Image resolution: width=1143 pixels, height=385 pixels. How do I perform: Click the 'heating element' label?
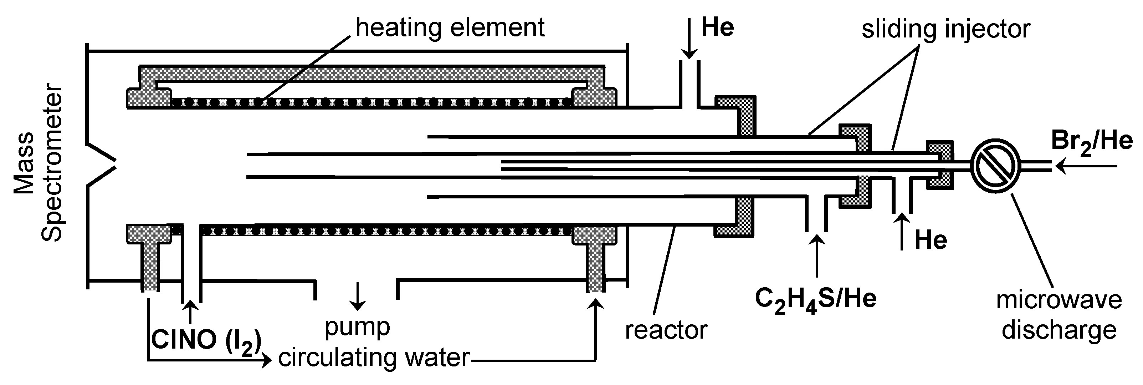(450, 27)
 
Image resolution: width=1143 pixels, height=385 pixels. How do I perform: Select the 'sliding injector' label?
(945, 29)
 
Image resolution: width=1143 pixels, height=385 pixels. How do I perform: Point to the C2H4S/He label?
(816, 300)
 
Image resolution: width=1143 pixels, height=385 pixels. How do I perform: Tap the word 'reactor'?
(666, 330)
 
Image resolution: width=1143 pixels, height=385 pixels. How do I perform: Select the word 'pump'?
(357, 328)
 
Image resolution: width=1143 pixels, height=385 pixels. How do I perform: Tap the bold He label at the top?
(717, 27)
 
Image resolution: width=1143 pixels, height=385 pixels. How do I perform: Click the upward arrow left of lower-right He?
(901, 231)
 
